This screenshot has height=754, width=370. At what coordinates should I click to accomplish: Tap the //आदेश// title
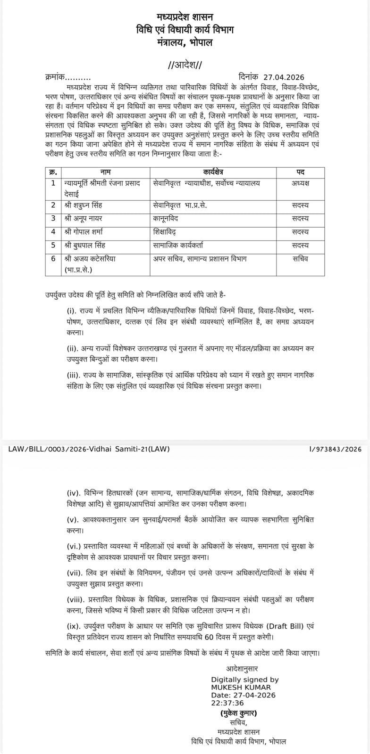pos(185,66)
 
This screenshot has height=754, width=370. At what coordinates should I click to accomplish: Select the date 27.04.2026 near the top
pos(283,77)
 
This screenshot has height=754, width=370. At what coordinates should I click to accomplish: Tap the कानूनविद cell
pos(165,218)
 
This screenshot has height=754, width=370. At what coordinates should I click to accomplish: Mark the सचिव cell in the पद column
pos(300,258)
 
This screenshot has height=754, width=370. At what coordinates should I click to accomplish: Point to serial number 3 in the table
pos(53,218)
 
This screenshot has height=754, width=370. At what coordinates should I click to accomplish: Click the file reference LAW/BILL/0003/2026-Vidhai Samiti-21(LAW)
pos(89,449)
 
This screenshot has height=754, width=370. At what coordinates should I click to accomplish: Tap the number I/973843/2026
pos(335,449)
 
